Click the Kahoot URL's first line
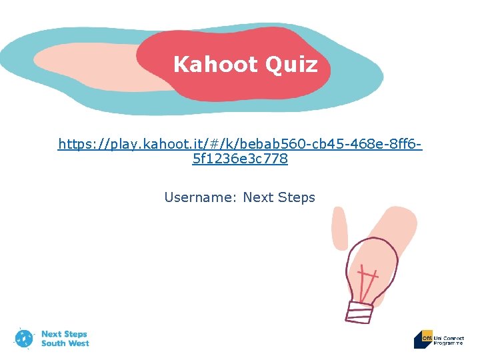[x=240, y=144]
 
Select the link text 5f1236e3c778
[x=240, y=159]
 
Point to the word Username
[x=199, y=197]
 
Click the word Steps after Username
[x=296, y=197]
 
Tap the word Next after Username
[x=258, y=197]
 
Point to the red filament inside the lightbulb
[x=366, y=280]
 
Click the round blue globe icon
[x=25, y=339]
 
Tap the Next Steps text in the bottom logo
[x=64, y=334]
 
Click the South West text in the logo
[x=65, y=343]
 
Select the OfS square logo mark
[x=423, y=339]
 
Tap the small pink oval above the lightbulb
[x=339, y=227]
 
